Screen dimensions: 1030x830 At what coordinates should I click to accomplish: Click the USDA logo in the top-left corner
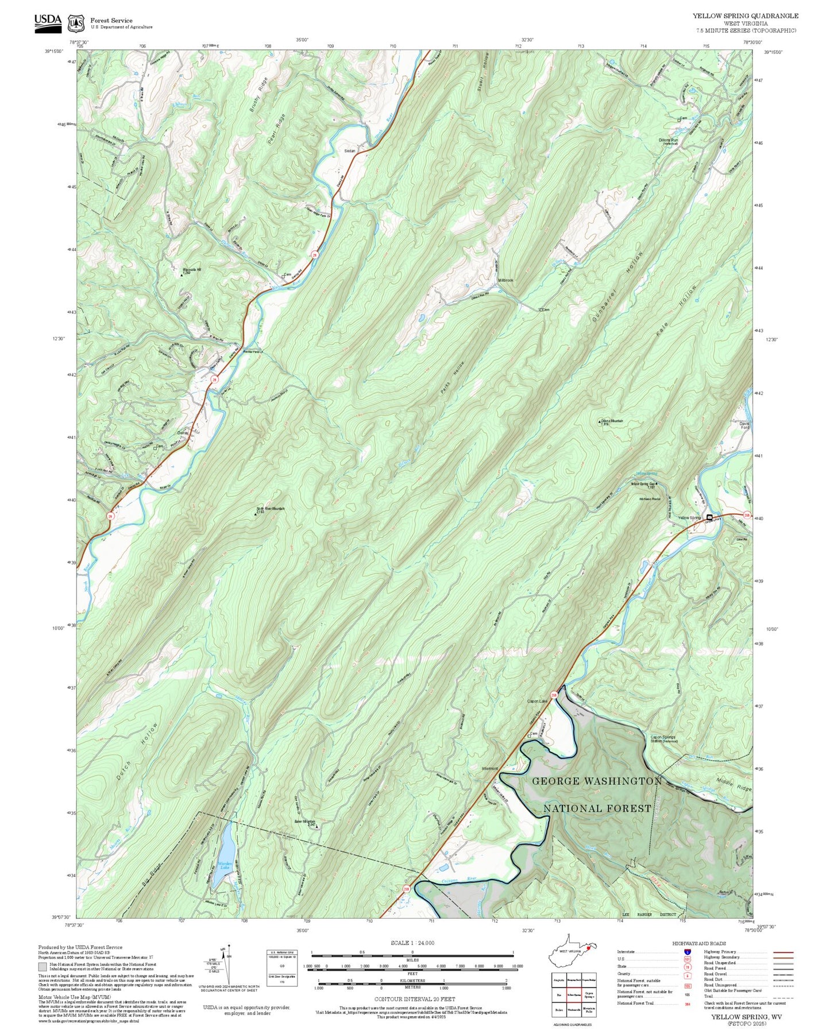click(x=47, y=21)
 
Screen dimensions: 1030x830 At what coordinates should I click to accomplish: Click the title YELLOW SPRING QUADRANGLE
click(x=745, y=16)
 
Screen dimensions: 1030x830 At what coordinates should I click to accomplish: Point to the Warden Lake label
click(x=224, y=865)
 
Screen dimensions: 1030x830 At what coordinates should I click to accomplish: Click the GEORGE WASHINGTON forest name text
click(x=597, y=781)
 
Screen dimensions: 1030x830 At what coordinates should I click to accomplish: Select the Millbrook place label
click(x=505, y=280)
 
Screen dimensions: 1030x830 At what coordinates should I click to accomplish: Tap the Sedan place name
click(x=349, y=151)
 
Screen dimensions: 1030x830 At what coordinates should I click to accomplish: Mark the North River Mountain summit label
click(x=271, y=509)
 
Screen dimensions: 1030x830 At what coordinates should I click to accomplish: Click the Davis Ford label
click(x=744, y=425)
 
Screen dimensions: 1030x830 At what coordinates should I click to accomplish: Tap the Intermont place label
click(x=489, y=768)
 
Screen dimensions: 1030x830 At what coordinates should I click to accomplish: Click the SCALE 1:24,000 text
click(x=412, y=943)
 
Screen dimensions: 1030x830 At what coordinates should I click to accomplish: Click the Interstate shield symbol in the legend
click(x=686, y=952)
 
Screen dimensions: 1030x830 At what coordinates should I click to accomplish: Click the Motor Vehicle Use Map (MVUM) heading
click(x=71, y=997)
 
